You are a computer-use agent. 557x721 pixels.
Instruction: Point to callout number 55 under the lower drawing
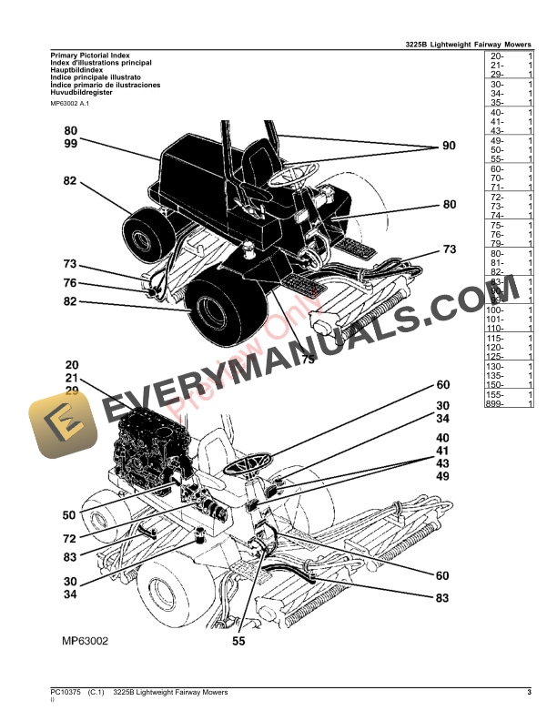238,641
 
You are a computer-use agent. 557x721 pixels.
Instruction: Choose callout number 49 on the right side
442,476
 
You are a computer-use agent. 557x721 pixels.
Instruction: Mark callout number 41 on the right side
442,451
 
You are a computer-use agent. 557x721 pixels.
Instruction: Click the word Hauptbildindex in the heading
79,70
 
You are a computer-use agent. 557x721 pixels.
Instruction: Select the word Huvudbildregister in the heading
85,92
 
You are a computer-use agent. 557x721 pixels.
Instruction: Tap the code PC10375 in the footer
66,694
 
